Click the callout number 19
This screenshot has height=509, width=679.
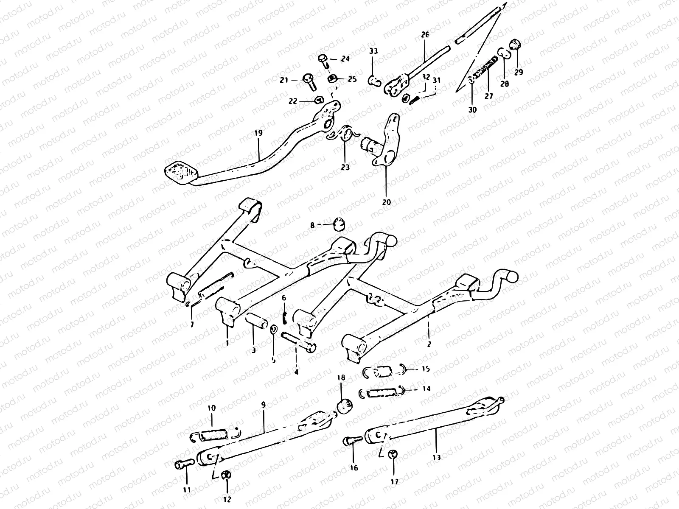point(258,133)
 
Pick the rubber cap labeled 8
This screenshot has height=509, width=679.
point(338,223)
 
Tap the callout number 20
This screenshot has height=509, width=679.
point(386,202)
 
